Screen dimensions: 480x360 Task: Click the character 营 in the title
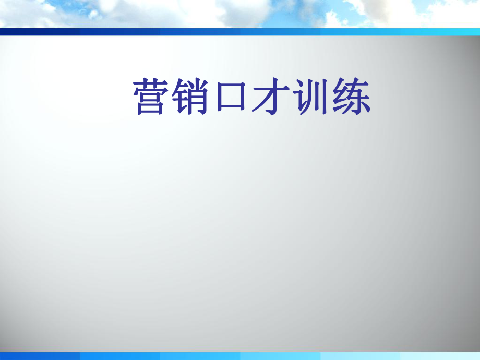[150, 97]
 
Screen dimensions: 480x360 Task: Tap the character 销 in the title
[190, 97]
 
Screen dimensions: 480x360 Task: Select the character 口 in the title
[231, 97]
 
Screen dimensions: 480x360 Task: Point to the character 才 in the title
[271, 97]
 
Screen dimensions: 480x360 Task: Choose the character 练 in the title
[351, 97]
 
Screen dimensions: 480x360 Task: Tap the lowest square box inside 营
[150, 108]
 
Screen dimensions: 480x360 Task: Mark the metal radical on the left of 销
[180, 97]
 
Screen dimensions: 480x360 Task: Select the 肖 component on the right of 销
[198, 97]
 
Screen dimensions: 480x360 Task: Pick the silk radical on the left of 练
[340, 97]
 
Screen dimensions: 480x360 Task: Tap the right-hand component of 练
[359, 97]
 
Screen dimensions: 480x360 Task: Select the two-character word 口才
[253, 97]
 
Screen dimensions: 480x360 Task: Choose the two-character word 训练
[331, 97]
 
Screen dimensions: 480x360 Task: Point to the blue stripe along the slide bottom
[240, 356]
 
